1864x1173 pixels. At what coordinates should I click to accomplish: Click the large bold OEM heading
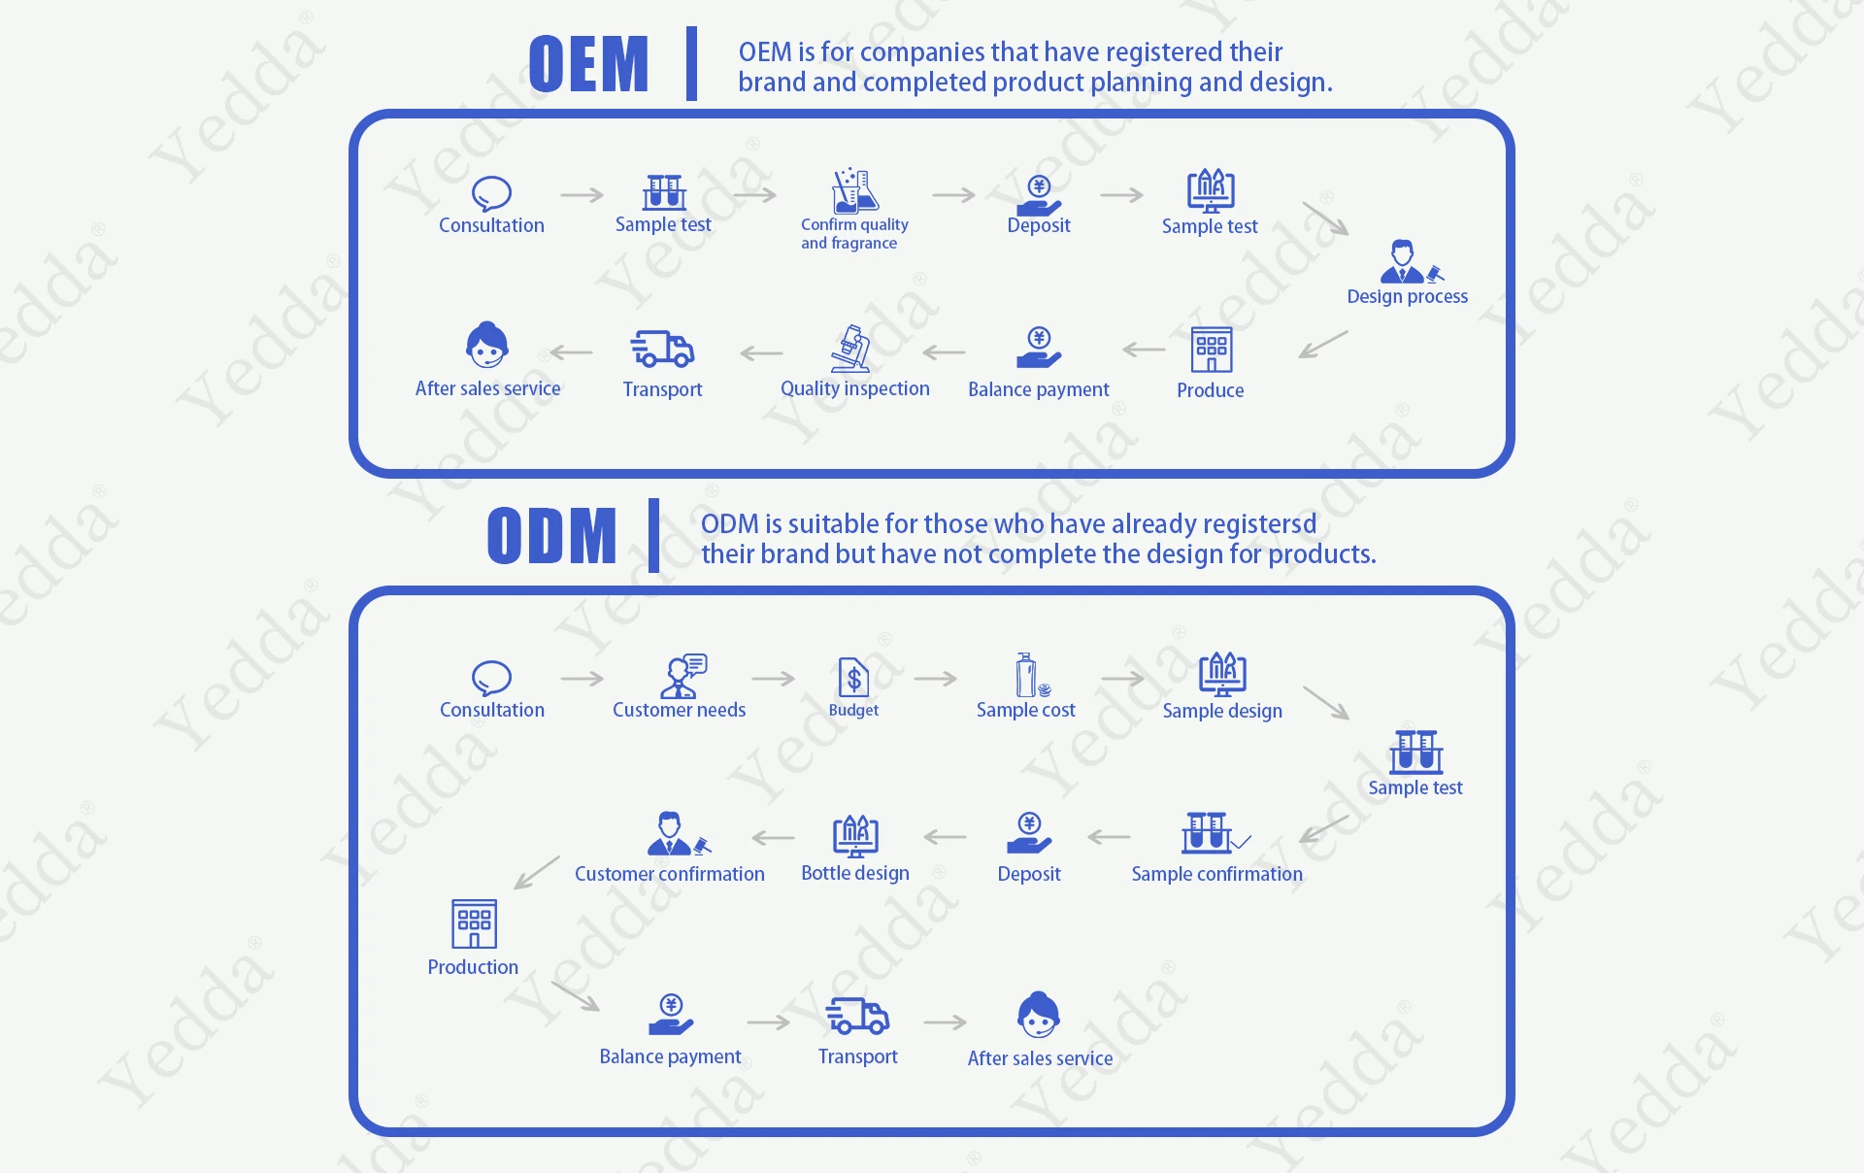(x=588, y=64)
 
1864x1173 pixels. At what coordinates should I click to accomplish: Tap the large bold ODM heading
(x=551, y=536)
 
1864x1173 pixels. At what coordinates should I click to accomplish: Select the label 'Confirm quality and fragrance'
(x=854, y=234)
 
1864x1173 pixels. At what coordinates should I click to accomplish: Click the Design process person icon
(x=1411, y=261)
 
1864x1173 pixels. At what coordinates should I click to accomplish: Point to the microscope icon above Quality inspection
(x=851, y=349)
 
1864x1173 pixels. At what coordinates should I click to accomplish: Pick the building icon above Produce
(x=1212, y=350)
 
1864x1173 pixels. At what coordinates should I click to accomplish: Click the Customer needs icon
(x=683, y=676)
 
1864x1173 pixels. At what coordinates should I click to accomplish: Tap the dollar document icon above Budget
(x=853, y=677)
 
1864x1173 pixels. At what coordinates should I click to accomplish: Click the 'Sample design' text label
(x=1222, y=711)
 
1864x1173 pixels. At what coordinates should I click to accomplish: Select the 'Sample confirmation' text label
(x=1216, y=874)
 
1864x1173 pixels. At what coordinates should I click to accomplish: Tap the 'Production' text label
(x=473, y=967)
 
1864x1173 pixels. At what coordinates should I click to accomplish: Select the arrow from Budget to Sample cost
(x=936, y=679)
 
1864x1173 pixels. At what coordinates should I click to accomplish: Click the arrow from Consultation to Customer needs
(x=582, y=679)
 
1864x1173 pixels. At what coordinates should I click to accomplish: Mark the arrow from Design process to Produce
(x=1323, y=345)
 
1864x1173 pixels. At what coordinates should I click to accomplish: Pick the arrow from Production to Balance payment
(x=576, y=996)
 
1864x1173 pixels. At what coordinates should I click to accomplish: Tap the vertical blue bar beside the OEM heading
(x=691, y=64)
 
